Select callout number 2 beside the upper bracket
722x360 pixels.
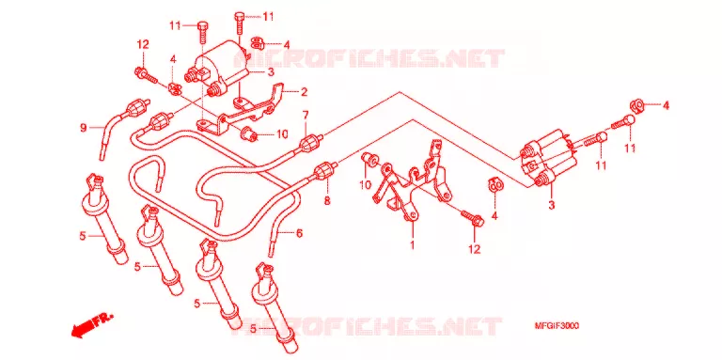[304, 92]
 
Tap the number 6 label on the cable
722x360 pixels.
[299, 234]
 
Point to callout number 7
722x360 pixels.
[305, 115]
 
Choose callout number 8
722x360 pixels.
[327, 200]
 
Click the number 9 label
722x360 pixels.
[84, 128]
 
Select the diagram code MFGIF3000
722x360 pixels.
[557, 326]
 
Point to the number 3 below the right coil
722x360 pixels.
[551, 205]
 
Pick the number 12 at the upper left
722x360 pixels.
[143, 45]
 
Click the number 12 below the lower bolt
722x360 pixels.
[474, 249]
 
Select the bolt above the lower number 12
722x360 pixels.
[473, 218]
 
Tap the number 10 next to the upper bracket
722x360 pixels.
[282, 134]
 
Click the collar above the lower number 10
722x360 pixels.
[369, 158]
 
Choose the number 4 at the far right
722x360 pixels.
[666, 105]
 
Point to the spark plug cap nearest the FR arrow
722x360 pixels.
[102, 219]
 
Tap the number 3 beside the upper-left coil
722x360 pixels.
[271, 71]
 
